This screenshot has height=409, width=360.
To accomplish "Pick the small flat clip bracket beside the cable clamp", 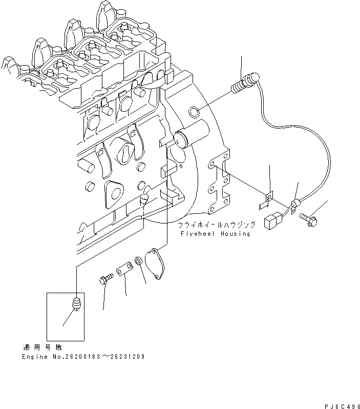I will pos(267,199).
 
